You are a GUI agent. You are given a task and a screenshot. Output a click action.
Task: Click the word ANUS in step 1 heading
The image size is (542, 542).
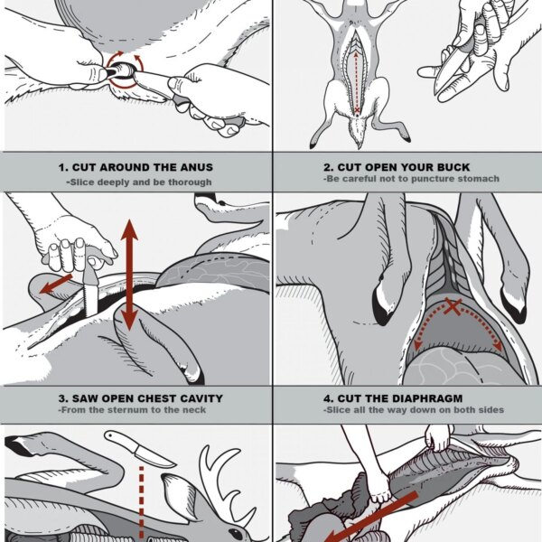pyautogui.click(x=196, y=167)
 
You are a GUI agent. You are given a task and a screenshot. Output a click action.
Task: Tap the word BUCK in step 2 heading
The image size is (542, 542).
pyautogui.click(x=453, y=167)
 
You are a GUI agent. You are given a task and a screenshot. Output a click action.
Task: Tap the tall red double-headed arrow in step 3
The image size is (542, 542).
pyautogui.click(x=129, y=275)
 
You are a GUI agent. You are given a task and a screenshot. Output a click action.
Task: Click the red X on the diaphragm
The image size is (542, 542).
pyautogui.click(x=453, y=306)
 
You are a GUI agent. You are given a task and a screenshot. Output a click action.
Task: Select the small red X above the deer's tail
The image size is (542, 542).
pyautogui.click(x=357, y=110)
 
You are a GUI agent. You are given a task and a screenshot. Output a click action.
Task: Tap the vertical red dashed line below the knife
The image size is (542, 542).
pyautogui.click(x=141, y=504)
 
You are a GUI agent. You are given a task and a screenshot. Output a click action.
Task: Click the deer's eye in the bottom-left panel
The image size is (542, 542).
pyautogui.click(x=236, y=534)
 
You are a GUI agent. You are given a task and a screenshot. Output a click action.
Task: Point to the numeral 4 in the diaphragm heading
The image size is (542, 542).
pyautogui.click(x=327, y=398)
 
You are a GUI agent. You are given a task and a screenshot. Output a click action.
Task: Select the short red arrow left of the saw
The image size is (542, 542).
pyautogui.click(x=56, y=284)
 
